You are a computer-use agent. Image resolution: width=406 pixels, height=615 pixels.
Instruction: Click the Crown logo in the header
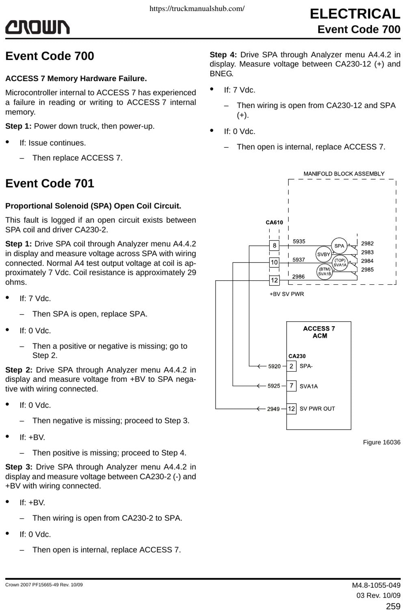click(37, 27)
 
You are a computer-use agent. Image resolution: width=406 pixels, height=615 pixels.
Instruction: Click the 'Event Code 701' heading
click(50, 183)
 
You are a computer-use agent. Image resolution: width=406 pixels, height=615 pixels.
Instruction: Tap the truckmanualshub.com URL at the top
click(197, 9)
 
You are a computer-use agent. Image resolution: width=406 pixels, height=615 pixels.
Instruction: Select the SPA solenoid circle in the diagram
click(339, 246)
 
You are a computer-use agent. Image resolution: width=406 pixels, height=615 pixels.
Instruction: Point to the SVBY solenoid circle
click(324, 254)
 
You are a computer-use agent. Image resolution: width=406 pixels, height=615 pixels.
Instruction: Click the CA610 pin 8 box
click(274, 245)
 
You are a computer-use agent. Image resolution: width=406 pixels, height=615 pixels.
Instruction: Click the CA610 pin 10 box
click(274, 262)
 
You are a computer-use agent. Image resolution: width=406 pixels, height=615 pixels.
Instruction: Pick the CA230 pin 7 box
click(292, 386)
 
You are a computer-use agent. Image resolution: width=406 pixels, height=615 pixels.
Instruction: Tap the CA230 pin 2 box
click(292, 366)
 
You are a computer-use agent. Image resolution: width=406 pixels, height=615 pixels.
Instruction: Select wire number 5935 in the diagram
click(299, 241)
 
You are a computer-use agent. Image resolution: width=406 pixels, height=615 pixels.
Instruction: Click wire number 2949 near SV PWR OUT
click(273, 409)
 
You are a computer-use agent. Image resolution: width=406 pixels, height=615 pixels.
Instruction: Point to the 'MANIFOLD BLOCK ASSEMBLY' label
click(344, 174)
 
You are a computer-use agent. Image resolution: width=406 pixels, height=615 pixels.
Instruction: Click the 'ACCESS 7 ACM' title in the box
click(319, 332)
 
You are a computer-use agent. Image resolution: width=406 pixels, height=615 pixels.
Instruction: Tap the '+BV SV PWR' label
click(287, 294)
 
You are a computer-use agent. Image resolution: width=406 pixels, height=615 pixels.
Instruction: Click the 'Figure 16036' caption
click(382, 442)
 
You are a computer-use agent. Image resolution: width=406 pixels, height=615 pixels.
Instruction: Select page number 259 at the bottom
click(393, 606)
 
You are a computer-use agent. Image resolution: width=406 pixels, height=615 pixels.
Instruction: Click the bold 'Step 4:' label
click(223, 55)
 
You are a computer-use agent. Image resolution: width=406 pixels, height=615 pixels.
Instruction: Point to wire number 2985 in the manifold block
click(367, 270)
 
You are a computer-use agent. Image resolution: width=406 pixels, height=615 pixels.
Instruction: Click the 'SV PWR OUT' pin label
click(317, 409)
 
